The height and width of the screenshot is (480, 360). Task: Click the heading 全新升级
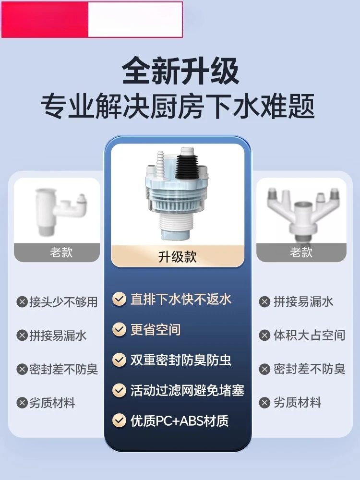180,71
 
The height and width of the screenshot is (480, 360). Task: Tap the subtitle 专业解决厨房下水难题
178,106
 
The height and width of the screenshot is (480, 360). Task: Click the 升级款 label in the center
178,256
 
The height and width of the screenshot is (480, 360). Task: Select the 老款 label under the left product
61,252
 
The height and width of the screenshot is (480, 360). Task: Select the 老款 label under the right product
301,252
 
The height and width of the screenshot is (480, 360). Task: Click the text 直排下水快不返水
181,299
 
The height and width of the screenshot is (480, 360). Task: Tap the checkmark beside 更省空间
119,329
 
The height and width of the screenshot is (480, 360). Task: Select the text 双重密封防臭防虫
181,360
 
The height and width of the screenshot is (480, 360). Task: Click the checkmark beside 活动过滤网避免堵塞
119,390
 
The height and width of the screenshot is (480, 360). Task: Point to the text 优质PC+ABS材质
180,421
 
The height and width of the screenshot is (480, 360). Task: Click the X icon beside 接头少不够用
22,302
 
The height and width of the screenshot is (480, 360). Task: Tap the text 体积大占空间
309,335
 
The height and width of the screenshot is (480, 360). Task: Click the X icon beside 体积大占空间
264,336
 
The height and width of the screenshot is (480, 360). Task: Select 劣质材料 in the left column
52,403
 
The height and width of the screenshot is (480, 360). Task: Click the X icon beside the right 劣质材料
264,403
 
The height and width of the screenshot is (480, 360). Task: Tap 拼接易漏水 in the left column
58,336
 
